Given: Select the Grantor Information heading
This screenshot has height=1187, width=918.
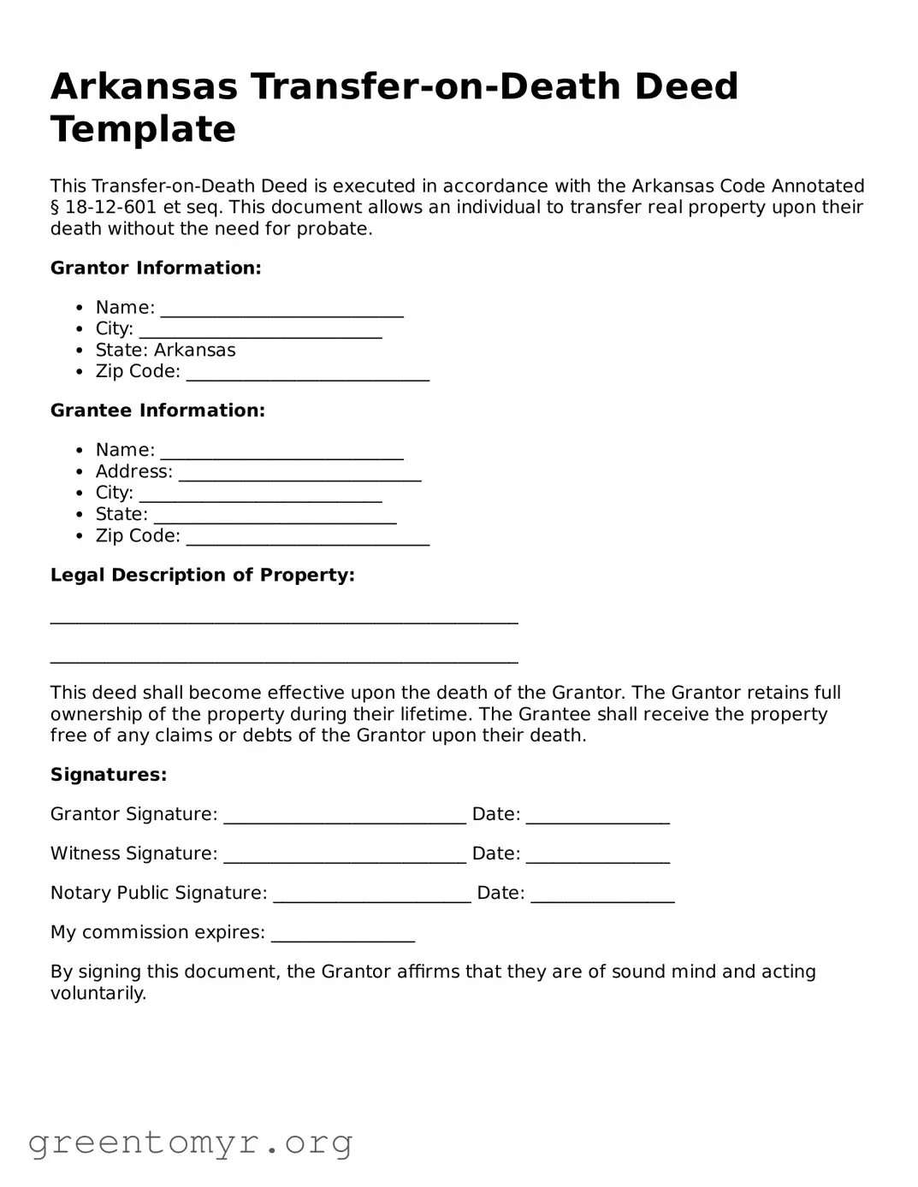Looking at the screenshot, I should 156,269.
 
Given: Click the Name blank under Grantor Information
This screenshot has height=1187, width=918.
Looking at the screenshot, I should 281,310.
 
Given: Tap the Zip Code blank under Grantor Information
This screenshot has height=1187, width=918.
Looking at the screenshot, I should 307,375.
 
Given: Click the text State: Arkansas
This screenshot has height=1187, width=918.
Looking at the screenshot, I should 165,351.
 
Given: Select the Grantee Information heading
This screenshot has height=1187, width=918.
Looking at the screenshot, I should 157,410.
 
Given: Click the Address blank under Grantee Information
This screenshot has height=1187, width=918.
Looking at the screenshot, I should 299,475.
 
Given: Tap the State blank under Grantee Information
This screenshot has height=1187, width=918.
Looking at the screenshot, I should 275,517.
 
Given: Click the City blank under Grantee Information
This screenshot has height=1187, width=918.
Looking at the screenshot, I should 260,496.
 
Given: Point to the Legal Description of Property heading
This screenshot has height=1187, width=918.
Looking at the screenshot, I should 202,576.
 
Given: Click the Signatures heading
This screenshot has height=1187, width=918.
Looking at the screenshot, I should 109,775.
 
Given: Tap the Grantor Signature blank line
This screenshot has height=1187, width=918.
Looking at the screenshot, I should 345,818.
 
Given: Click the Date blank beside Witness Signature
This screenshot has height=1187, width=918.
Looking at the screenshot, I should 597,857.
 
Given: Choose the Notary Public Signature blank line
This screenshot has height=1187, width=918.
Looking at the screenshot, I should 371,896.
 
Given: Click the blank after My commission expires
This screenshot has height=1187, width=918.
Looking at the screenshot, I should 342,936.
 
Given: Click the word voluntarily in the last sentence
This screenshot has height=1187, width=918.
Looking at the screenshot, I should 98,994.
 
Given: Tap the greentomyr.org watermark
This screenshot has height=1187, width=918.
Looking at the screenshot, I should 190,1143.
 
